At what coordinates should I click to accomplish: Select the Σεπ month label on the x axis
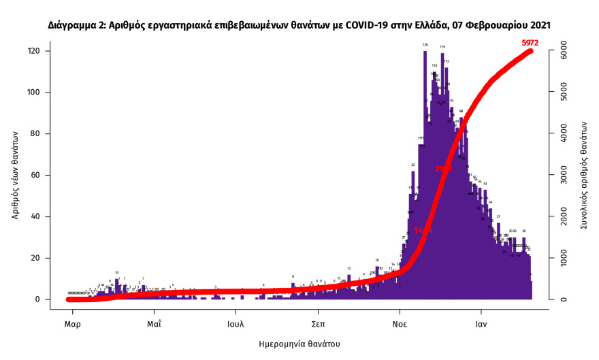click(x=317, y=324)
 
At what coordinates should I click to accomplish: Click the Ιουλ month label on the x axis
click(x=236, y=324)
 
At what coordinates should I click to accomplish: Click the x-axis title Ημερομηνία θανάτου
click(x=299, y=344)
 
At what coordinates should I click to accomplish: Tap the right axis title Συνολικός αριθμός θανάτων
click(x=583, y=176)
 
